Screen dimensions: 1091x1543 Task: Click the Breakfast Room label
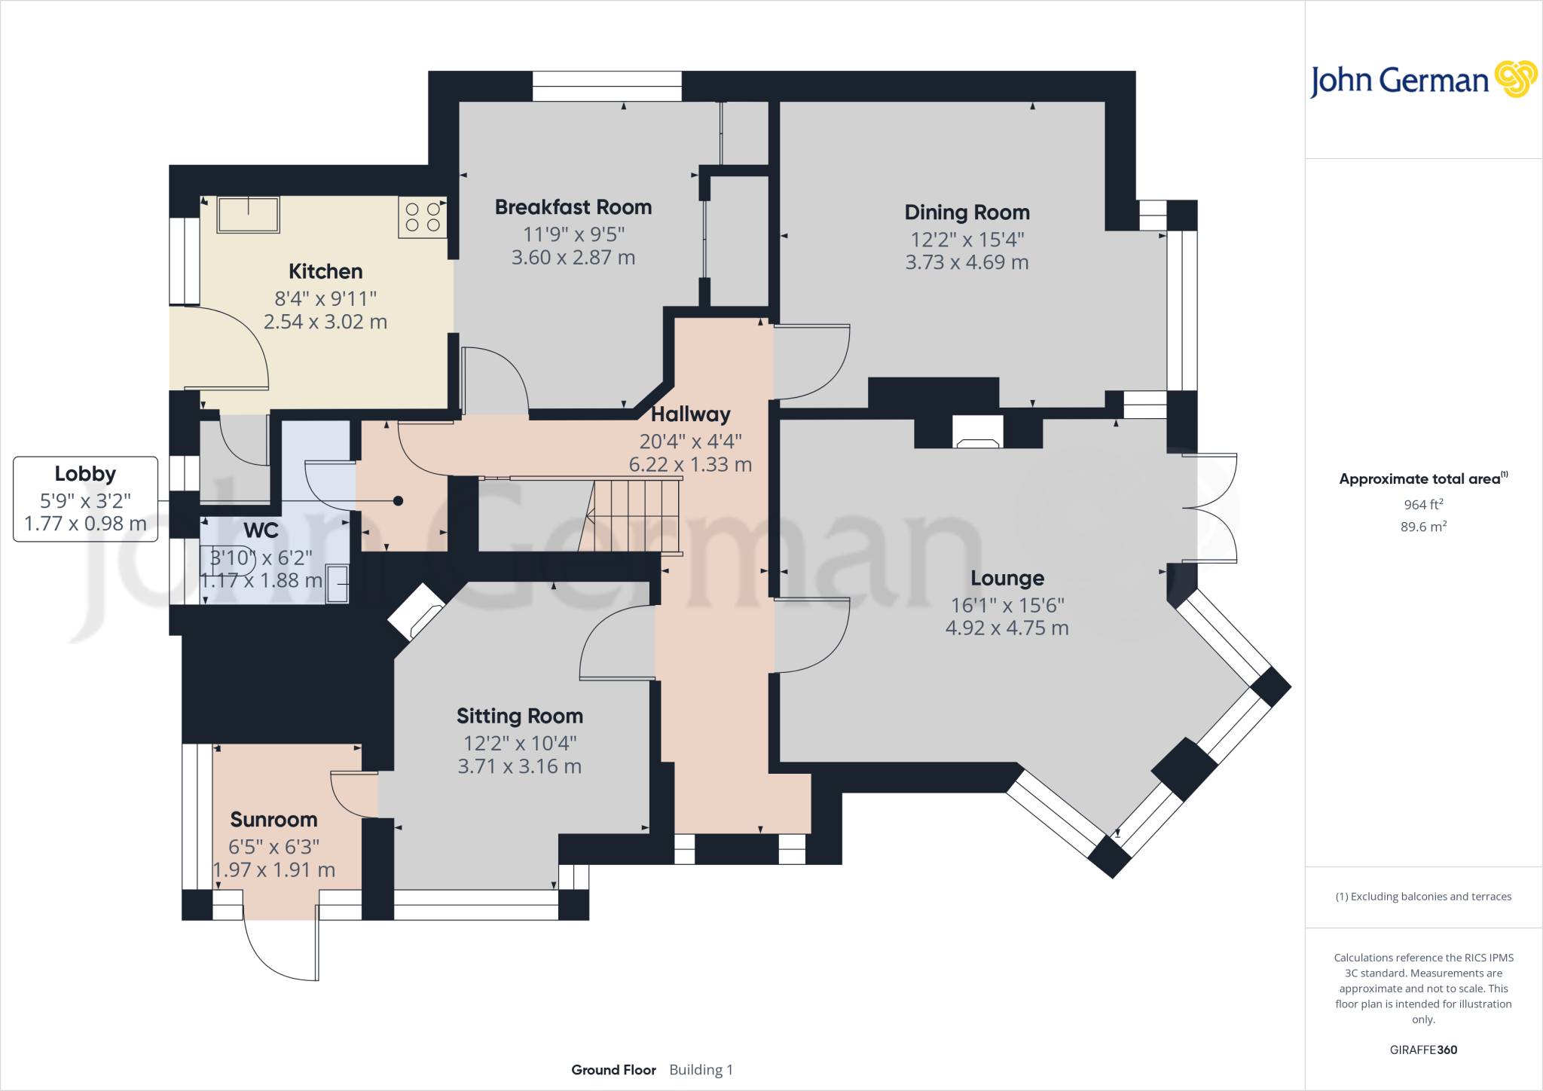coord(573,207)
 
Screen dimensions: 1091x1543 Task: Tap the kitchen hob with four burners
coord(422,217)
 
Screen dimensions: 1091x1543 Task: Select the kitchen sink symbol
coord(248,215)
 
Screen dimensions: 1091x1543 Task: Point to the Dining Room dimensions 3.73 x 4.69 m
coord(967,262)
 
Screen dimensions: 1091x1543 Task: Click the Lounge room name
coord(1007,579)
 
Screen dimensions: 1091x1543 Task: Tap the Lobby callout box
coord(85,498)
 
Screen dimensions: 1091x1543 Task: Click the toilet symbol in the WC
coord(226,559)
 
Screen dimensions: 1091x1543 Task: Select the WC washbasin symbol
coord(338,584)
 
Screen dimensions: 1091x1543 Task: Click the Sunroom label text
coord(273,820)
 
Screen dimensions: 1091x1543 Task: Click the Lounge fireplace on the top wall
coord(977,433)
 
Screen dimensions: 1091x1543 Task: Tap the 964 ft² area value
coord(1422,504)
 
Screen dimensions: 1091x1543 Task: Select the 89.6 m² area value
coord(1422,527)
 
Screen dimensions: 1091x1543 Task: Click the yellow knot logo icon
coord(1515,79)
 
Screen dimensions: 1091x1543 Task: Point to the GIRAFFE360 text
coord(1422,1050)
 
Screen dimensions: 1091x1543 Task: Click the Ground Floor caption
coord(613,1070)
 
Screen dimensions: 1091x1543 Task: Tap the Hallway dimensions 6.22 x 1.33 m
coord(690,465)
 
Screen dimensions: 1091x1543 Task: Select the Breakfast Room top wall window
coord(607,86)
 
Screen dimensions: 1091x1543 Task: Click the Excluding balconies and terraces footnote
coord(1423,897)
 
